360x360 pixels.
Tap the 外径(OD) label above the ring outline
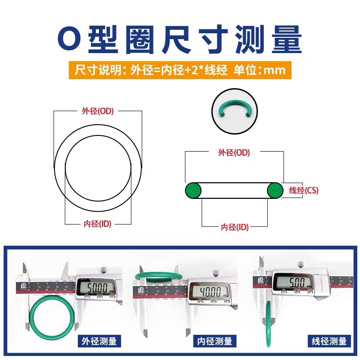(x=98, y=111)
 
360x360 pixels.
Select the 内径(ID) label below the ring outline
(x=98, y=224)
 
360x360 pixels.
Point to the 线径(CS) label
(x=303, y=190)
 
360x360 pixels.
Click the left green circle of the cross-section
(x=193, y=190)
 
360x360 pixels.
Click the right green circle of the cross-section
(x=275, y=190)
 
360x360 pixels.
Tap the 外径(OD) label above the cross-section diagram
(x=234, y=153)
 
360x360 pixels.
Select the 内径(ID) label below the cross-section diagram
(x=234, y=227)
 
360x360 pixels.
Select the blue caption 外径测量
(x=97, y=341)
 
